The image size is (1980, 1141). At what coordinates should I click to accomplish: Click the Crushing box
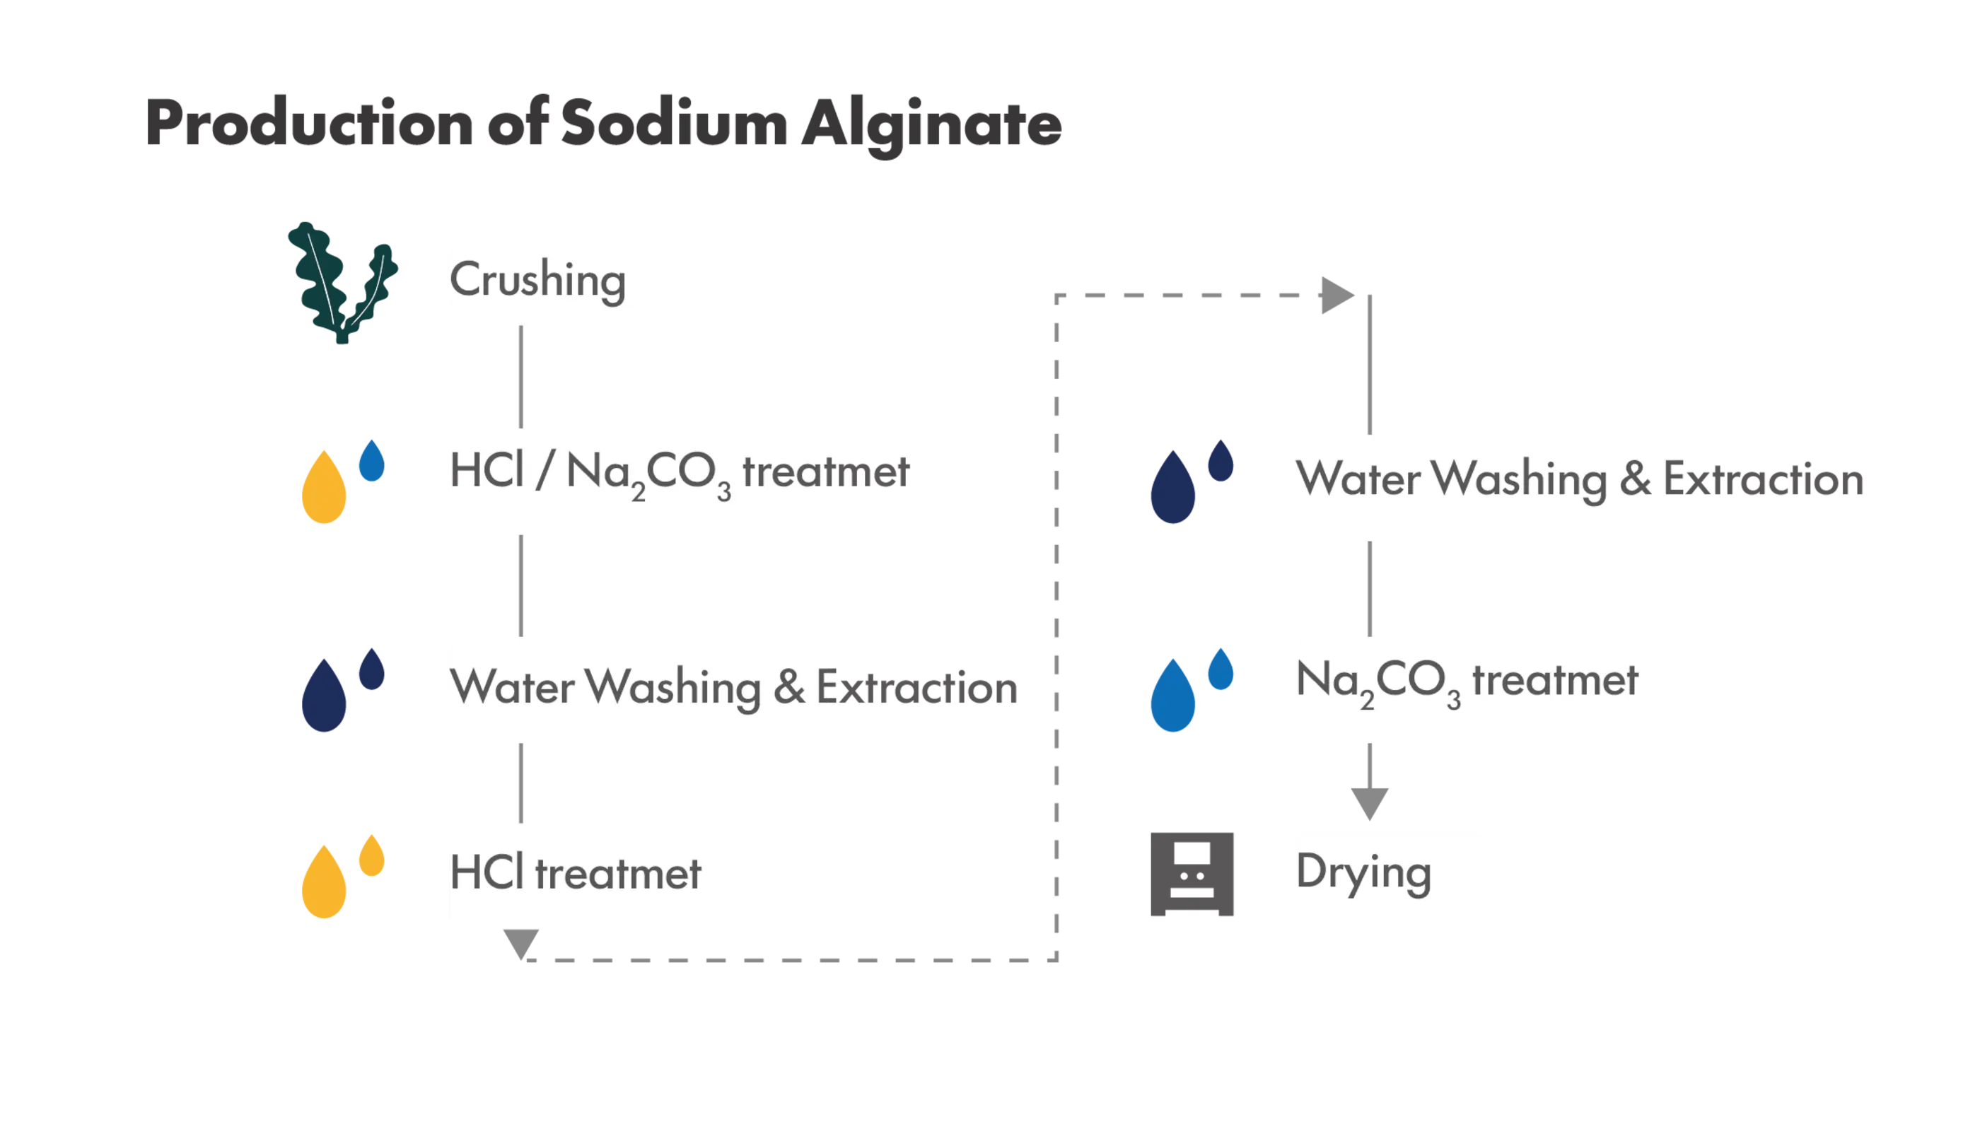pos(554,282)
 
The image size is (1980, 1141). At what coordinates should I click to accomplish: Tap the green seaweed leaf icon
pos(339,282)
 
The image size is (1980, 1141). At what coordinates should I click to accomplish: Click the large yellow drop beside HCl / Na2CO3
pos(324,487)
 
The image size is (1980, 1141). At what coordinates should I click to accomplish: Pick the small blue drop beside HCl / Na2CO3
pos(371,461)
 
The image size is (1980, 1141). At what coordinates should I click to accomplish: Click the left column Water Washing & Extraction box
pos(638,689)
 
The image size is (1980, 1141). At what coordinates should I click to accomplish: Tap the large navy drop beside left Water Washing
pos(324,696)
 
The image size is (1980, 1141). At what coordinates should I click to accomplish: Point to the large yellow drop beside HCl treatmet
pos(324,882)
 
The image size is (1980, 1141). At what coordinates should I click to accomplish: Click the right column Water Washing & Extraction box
pos(1481,485)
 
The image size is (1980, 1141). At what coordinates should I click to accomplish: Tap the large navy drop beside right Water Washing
pos(1172,487)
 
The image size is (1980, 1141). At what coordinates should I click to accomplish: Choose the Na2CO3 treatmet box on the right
pos(1481,689)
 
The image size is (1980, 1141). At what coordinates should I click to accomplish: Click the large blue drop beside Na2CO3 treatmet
pos(1172,696)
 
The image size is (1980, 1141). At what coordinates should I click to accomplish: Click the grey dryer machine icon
pos(1193,876)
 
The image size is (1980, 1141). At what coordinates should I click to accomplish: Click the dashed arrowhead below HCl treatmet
pos(521,944)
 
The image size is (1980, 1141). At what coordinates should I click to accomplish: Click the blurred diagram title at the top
pos(604,124)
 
